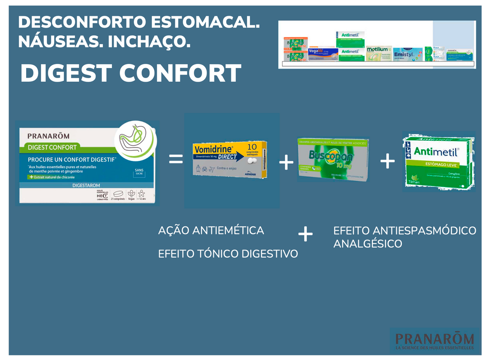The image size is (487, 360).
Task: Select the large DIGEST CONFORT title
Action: [x=131, y=74]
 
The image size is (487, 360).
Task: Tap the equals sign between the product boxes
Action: [x=176, y=159]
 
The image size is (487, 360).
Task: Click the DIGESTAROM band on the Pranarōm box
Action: [x=86, y=185]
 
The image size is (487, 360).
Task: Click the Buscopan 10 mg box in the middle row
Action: [x=333, y=159]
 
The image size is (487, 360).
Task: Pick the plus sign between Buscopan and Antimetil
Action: [x=387, y=161]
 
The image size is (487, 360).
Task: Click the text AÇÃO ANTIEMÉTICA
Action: [x=211, y=230]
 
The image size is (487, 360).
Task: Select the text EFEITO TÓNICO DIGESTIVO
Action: [x=228, y=254]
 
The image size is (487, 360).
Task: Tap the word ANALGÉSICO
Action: [x=368, y=244]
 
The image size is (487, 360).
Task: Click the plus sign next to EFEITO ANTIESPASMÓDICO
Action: [x=305, y=235]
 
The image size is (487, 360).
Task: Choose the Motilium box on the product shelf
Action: [x=377, y=53]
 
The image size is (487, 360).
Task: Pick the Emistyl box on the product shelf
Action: [x=405, y=55]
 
